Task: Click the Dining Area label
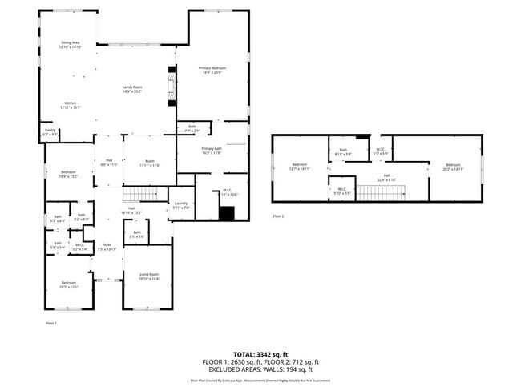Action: pyautogui.click(x=70, y=45)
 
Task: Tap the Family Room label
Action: pyautogui.click(x=131, y=89)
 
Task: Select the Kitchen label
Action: pyautogui.click(x=70, y=105)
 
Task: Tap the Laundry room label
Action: pyautogui.click(x=180, y=206)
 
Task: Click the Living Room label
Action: pyautogui.click(x=149, y=276)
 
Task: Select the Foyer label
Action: pyautogui.click(x=107, y=247)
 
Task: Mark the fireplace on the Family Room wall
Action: pyautogui.click(x=171, y=85)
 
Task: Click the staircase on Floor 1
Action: pyautogui.click(x=141, y=194)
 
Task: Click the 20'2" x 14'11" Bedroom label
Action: pyautogui.click(x=453, y=167)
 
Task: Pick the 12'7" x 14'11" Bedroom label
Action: pyautogui.click(x=300, y=167)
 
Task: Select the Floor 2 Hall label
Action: pyautogui.click(x=386, y=177)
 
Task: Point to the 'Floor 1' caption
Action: pyautogui.click(x=50, y=322)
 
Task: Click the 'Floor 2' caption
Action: pyautogui.click(x=278, y=216)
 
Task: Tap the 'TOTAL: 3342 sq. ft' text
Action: pyautogui.click(x=260, y=353)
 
